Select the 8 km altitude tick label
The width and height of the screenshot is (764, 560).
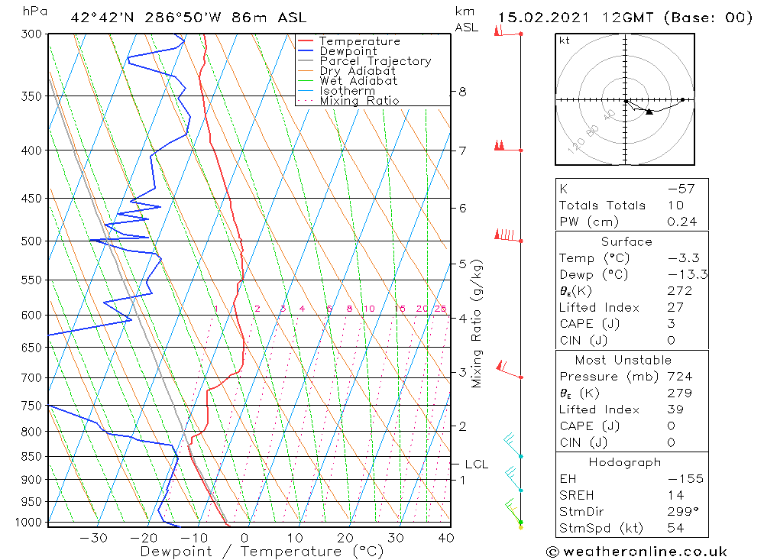(x=463, y=92)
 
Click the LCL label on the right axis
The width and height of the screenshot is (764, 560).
(x=476, y=464)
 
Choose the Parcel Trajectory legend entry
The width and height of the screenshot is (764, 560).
(x=375, y=61)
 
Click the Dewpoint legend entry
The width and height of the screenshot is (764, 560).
(x=348, y=51)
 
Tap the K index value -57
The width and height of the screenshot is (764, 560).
(x=681, y=189)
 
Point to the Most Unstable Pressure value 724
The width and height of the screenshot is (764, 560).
(x=679, y=377)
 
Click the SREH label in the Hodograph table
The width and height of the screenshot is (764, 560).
(x=575, y=496)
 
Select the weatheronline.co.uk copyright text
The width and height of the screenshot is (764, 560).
(x=636, y=552)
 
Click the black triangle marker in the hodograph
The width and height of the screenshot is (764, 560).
(x=649, y=112)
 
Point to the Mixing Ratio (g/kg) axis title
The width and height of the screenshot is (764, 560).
(x=477, y=324)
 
